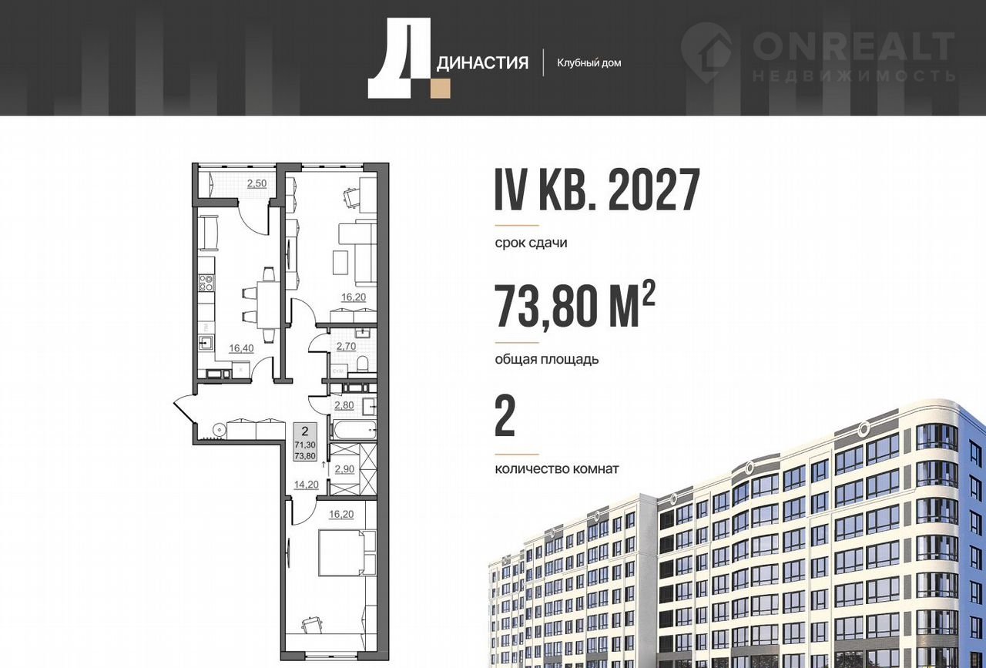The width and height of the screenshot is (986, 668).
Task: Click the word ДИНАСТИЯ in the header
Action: click(482, 63)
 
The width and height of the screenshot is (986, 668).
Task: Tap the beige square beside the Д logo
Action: click(441, 89)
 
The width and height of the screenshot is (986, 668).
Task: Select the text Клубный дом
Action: click(589, 63)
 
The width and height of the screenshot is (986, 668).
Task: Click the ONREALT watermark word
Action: click(854, 47)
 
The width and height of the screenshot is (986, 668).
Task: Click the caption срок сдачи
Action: click(531, 243)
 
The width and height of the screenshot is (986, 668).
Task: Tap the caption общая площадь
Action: click(547, 359)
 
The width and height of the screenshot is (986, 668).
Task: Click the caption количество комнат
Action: click(557, 468)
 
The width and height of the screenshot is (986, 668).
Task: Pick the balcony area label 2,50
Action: click(257, 183)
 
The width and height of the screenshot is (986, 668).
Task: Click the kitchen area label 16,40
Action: click(241, 348)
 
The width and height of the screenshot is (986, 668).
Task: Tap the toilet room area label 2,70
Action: click(346, 347)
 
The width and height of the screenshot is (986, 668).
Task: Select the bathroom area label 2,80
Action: click(344, 405)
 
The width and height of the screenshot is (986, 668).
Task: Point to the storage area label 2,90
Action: click(344, 469)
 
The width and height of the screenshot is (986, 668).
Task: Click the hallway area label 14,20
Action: click(307, 485)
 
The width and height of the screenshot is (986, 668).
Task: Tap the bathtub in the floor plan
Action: click(355, 430)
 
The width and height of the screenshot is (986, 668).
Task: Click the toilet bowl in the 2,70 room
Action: click(363, 365)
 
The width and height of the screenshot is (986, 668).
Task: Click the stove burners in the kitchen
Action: click(206, 283)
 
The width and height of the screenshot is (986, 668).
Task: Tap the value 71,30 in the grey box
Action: click(305, 445)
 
